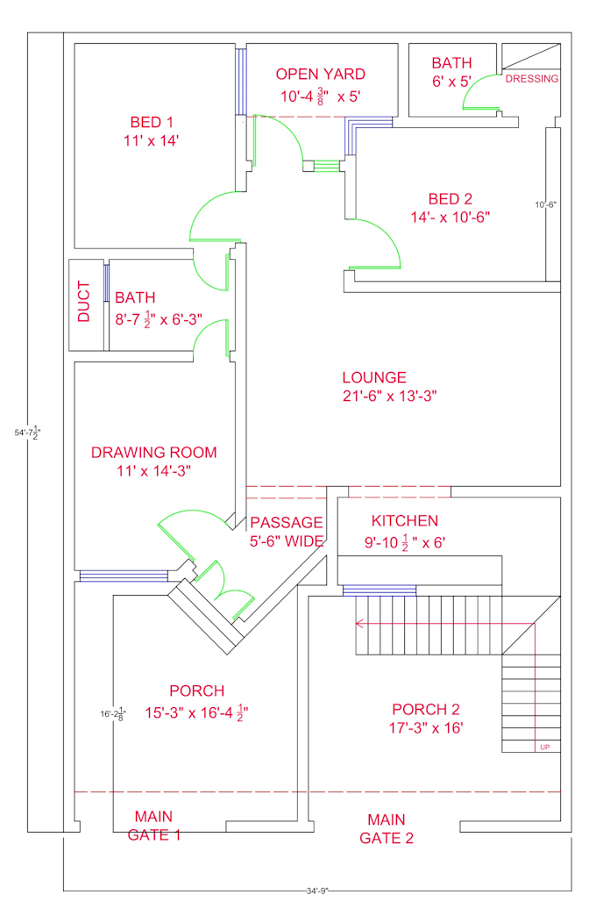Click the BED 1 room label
tap(152, 122)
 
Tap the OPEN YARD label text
tap(320, 75)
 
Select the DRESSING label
tap(532, 79)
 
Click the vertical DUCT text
tap(84, 301)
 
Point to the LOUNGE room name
tap(374, 377)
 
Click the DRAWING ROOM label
tap(153, 453)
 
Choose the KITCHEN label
tap(404, 521)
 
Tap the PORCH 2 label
tap(425, 709)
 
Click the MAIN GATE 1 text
tap(154, 826)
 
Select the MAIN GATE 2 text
tap(387, 828)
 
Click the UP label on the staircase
tap(545, 747)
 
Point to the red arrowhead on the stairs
tap(359, 624)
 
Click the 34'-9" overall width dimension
tap(316, 891)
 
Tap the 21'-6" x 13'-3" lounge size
tap(389, 396)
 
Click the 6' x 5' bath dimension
tap(451, 82)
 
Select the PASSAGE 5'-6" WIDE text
tap(287, 532)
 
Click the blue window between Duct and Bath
tap(106, 283)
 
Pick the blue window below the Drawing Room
tap(124, 576)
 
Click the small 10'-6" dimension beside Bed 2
tap(547, 204)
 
